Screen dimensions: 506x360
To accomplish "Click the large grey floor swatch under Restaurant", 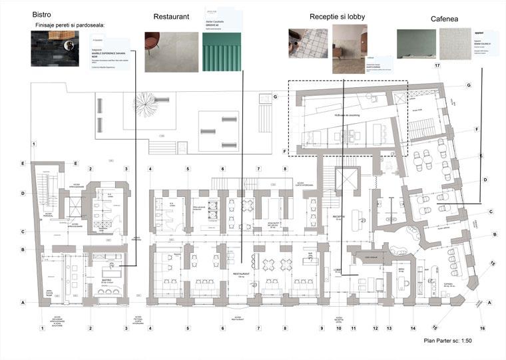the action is pos(170,52).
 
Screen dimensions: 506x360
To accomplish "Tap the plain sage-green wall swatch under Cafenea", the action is pos(416,45).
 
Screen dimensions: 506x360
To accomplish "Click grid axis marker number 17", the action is pos(437,67).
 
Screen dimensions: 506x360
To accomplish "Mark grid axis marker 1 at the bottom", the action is pos(42,328).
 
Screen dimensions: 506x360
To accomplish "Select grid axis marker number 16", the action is pos(483,328).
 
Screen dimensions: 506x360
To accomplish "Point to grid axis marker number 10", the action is pos(339,328).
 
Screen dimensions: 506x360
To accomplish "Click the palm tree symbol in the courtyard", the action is pos(144,102).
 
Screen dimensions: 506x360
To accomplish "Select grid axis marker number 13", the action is pos(388,328).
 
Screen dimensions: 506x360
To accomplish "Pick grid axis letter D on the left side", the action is pos(23,194).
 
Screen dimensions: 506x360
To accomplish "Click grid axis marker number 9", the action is pos(321,328).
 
